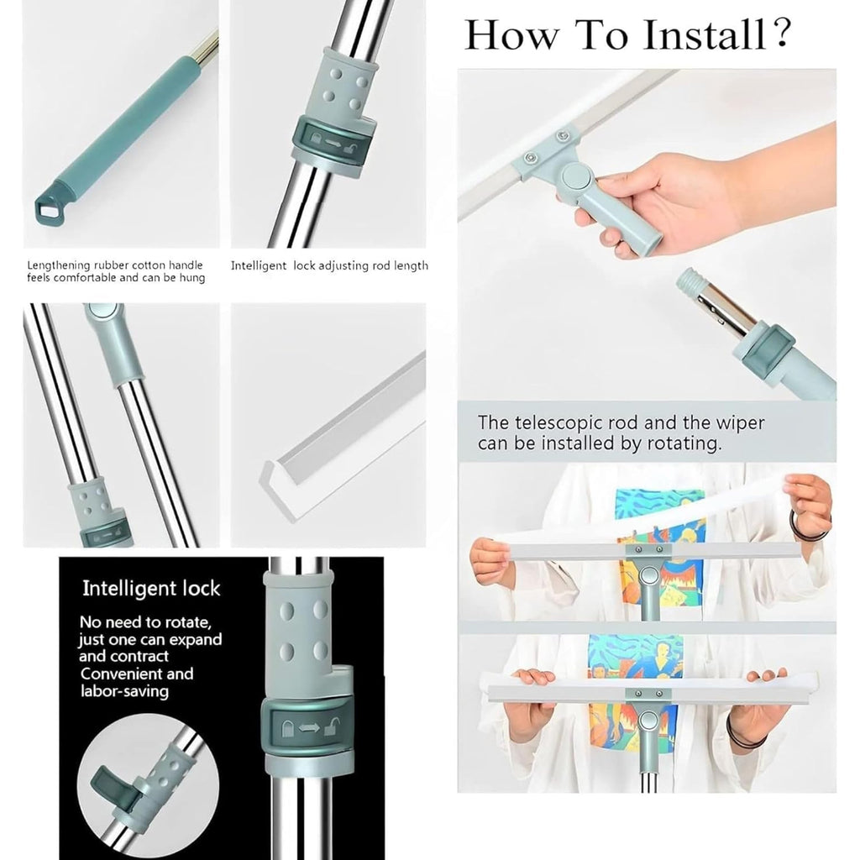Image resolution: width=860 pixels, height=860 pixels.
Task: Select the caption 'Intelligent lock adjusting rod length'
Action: tap(329, 265)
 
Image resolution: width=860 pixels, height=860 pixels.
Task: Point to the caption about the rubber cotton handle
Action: tap(116, 271)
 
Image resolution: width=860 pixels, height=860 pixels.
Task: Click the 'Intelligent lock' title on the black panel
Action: tap(151, 588)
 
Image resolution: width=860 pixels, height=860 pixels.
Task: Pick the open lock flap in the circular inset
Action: tap(105, 779)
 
